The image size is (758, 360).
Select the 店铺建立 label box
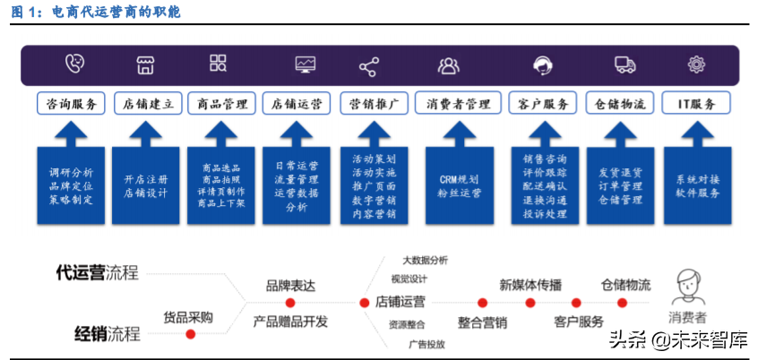(x=147, y=104)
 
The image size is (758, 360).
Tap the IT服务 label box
(x=695, y=104)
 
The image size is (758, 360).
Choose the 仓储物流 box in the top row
(x=620, y=104)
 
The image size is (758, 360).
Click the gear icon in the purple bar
(x=696, y=64)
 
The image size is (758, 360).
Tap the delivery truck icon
(x=624, y=64)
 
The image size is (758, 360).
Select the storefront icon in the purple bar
(x=145, y=64)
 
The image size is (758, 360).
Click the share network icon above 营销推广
(x=368, y=65)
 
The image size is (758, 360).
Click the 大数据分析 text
(x=425, y=260)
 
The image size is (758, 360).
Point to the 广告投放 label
(x=426, y=343)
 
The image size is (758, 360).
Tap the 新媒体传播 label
(x=530, y=285)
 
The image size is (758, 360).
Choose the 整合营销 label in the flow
(x=482, y=322)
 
